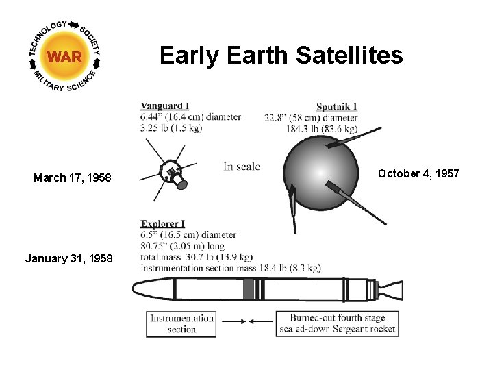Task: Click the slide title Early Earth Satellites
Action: point(281,55)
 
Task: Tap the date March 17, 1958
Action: point(72,178)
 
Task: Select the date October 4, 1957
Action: point(418,173)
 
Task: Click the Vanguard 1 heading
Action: point(165,106)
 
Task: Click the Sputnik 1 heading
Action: point(336,107)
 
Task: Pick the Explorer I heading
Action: point(162,223)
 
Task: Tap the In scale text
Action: point(242,166)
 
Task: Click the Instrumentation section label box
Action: point(181,324)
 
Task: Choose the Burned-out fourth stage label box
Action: point(337,324)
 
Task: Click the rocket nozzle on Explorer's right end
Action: point(391,290)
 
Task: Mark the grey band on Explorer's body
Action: point(248,290)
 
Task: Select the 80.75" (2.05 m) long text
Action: point(188,245)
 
